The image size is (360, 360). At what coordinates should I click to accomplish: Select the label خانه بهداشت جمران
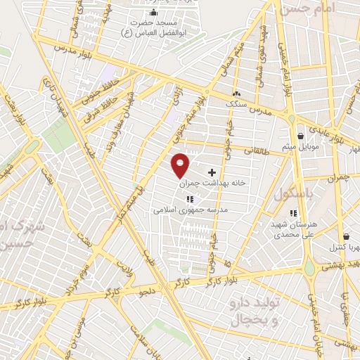coord(214,182)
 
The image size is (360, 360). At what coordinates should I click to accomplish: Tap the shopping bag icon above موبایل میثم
coord(301,136)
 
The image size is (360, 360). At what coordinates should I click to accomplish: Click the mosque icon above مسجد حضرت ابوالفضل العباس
coord(154,13)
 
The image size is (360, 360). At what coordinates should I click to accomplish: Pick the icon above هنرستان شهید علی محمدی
coord(293,213)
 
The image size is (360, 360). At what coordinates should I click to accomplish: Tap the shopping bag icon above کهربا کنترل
coord(345,238)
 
